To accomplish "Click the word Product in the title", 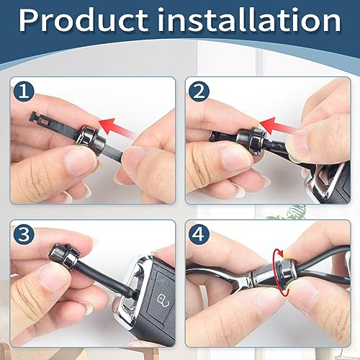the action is (84, 20).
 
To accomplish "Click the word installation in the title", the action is (249, 20).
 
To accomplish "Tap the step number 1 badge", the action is (24, 91).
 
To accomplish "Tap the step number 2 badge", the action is (199, 91).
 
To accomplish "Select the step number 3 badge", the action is (24, 235).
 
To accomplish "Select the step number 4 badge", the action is (199, 235).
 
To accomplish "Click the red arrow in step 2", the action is (276, 126).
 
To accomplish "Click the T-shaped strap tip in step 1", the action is (40, 120).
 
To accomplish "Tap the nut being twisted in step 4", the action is (286, 272).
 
